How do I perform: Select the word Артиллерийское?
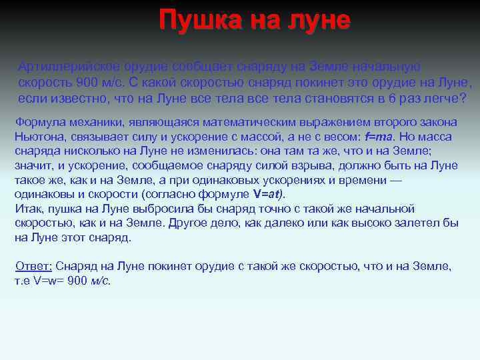point(61,67)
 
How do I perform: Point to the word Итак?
point(27,209)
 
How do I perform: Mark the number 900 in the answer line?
point(77,281)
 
